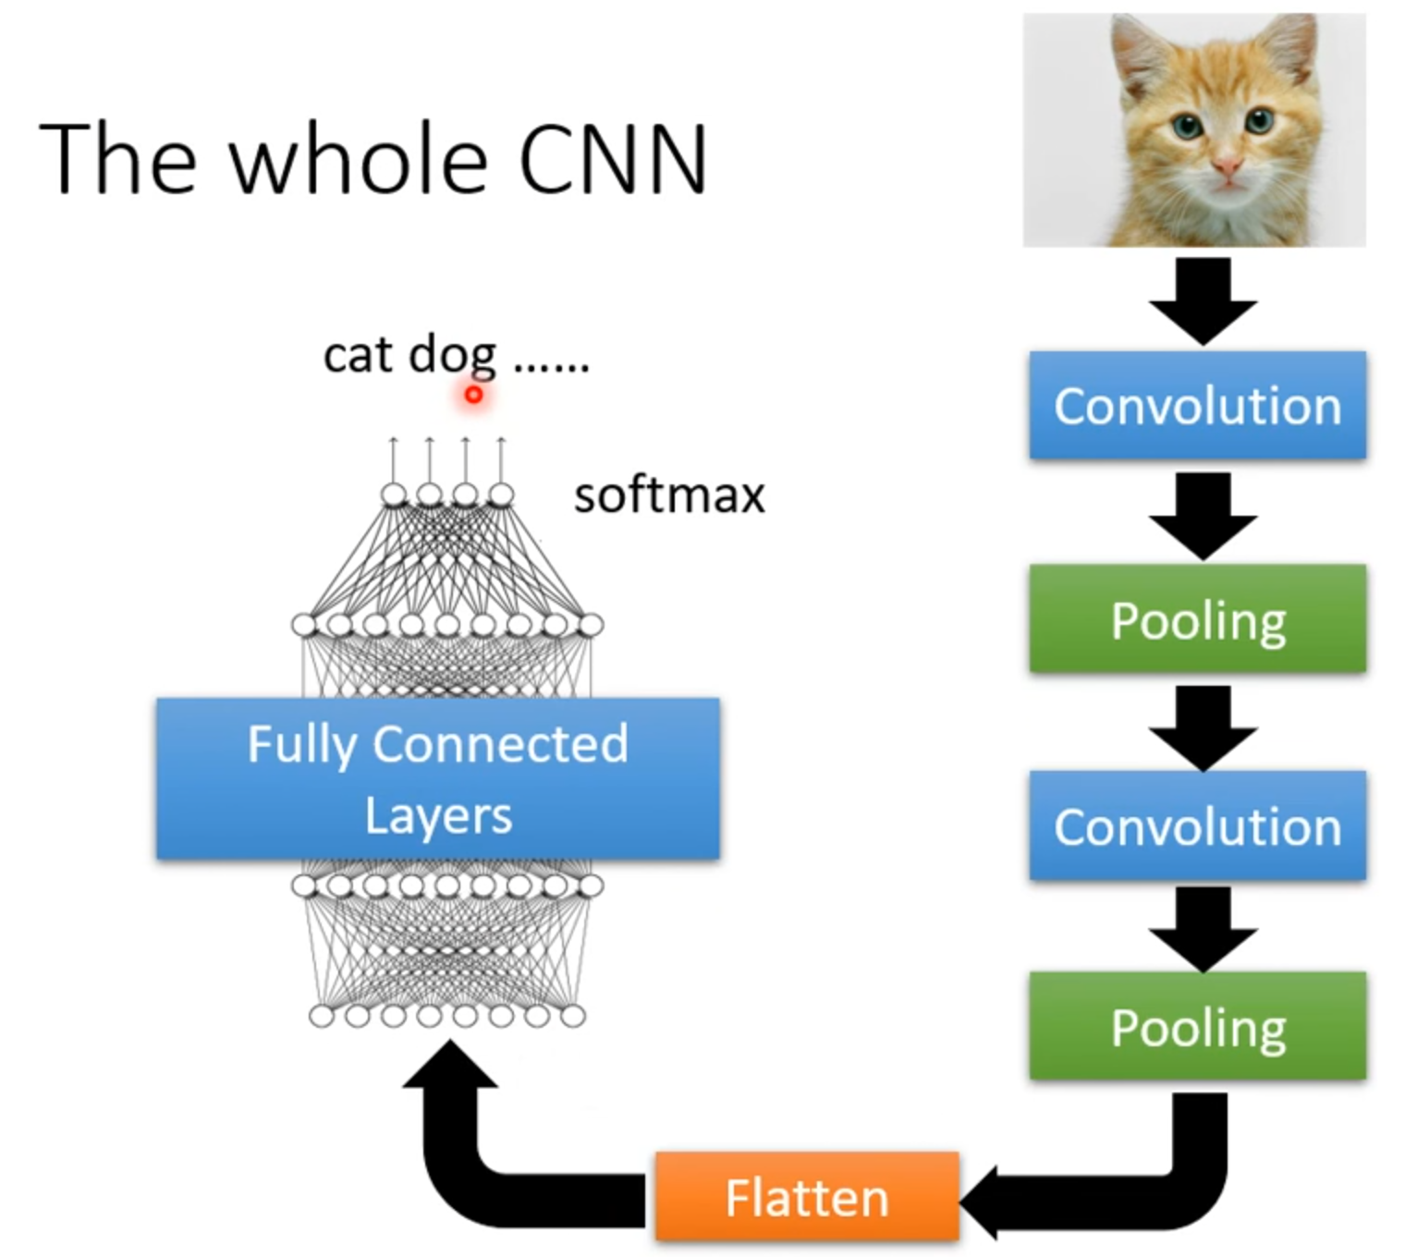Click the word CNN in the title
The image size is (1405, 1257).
[x=613, y=159]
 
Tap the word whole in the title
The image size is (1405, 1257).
[x=359, y=159]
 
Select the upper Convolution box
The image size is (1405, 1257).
[x=1197, y=405]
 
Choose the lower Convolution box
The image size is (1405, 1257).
[x=1197, y=825]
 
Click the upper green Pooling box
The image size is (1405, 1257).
[x=1197, y=618]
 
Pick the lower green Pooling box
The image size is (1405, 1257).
[x=1197, y=1026]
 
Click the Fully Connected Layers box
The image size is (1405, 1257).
[x=437, y=778]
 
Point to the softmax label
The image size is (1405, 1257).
[x=669, y=495]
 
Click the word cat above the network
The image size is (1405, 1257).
[x=358, y=355]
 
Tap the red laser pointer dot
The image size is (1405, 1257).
[x=473, y=395]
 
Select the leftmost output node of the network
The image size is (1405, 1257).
[x=394, y=495]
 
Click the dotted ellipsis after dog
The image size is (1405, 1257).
[x=551, y=368]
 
